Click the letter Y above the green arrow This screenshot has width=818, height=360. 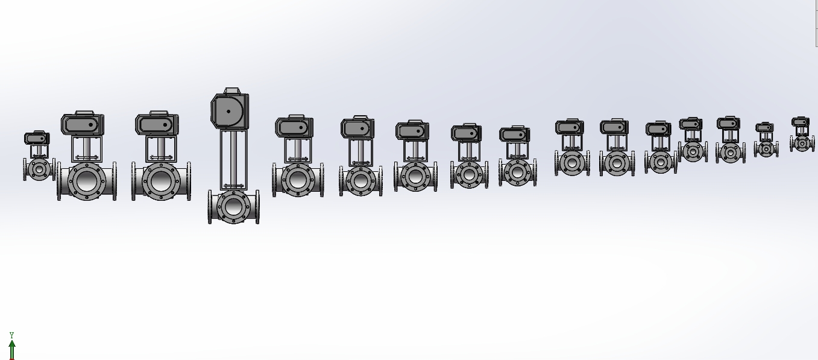pos(11,335)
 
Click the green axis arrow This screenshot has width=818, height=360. pos(12,350)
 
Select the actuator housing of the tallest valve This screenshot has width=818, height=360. pos(230,111)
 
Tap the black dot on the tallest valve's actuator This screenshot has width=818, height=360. pos(228,112)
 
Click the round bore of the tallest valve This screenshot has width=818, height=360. pos(233,206)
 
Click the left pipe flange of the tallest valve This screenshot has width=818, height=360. pos(210,206)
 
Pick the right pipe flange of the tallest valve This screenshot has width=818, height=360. pos(257,206)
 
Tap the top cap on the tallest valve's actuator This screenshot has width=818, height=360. pos(231,90)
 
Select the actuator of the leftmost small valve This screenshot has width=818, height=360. pos(37,138)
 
